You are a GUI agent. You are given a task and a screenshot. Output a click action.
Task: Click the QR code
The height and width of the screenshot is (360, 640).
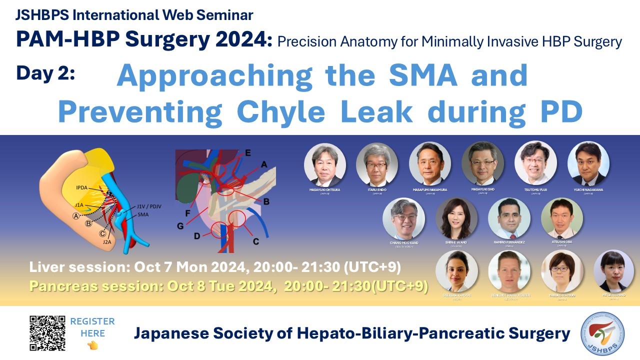(47, 333)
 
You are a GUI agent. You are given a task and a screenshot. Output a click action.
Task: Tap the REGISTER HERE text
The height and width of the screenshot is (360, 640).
(92, 327)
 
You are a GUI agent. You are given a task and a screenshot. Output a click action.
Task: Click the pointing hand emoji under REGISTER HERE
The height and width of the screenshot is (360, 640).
(92, 345)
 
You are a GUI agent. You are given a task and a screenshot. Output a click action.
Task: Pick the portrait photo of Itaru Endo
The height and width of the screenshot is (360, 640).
(377, 164)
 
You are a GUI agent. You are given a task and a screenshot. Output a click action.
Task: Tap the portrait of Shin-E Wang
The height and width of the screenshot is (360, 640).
(456, 218)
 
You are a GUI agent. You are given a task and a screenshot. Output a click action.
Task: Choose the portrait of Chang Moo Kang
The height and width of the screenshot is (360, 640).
(403, 218)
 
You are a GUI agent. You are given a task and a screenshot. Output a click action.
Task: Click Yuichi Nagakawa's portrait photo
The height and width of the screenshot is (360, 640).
(588, 163)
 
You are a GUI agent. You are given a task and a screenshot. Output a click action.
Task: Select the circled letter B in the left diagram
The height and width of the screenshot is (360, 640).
(88, 223)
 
